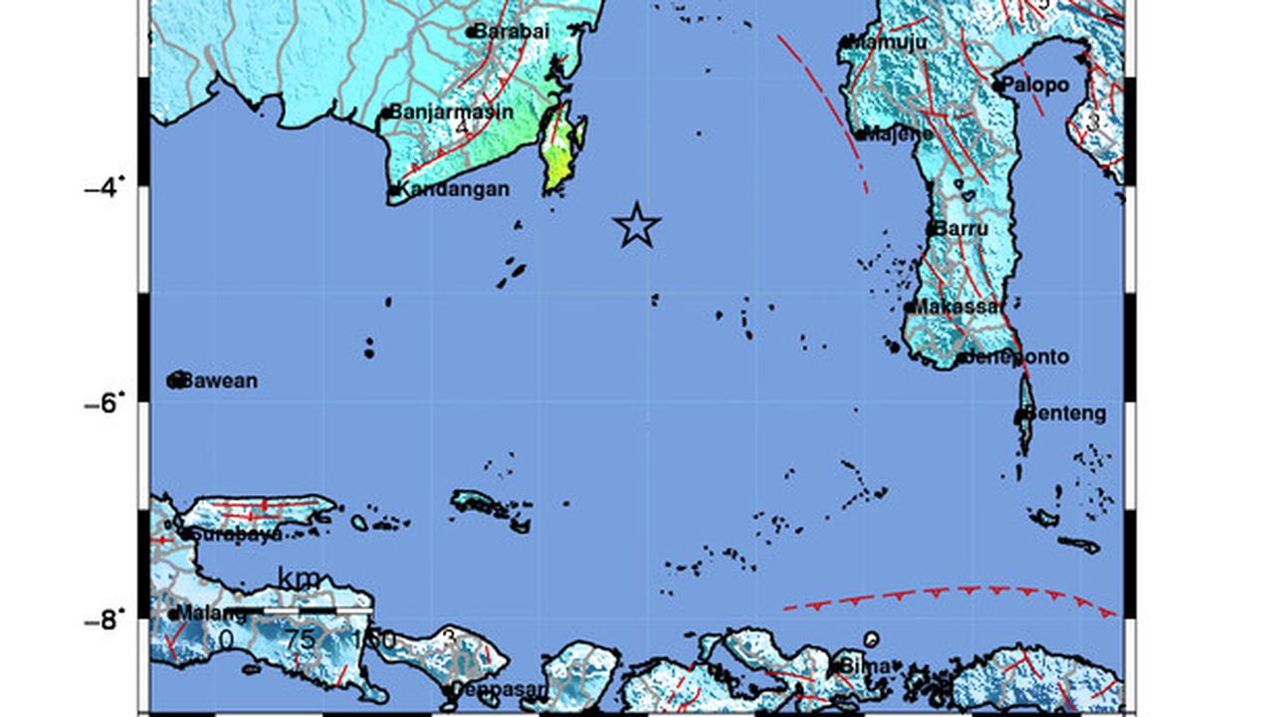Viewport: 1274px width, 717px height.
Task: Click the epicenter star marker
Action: (x=637, y=225)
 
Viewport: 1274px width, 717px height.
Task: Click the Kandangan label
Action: (x=454, y=189)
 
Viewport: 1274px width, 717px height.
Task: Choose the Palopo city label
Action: (x=1035, y=85)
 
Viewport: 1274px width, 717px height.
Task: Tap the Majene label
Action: (x=900, y=133)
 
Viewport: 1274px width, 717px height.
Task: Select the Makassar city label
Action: (x=956, y=307)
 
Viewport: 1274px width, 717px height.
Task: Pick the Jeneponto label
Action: (x=1016, y=357)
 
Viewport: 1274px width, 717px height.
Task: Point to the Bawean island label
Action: (x=220, y=380)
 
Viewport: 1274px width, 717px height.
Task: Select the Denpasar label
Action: (x=499, y=688)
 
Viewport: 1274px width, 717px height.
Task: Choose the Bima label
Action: (x=863, y=664)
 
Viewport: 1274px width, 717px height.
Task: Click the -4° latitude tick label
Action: (x=106, y=186)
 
